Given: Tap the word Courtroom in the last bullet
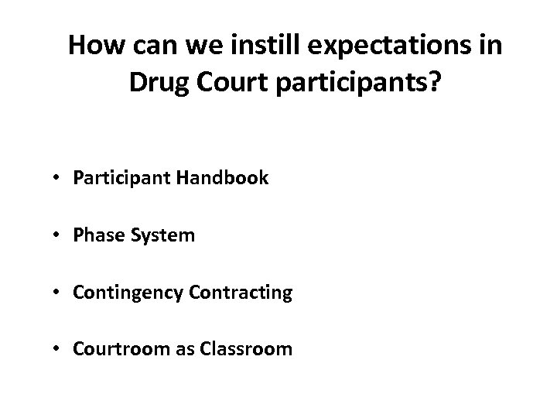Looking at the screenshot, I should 114,349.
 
